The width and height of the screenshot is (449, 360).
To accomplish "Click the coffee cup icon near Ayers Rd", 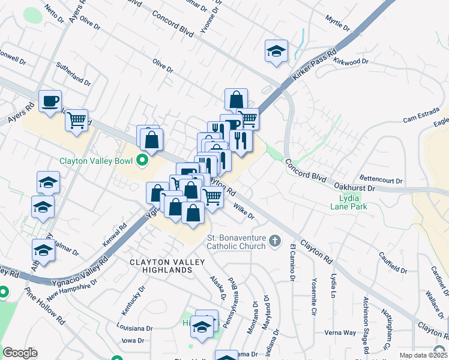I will click(x=50, y=100).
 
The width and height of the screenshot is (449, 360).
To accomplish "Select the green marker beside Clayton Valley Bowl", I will click(x=142, y=160).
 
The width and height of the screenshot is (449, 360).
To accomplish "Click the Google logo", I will click(x=20, y=353).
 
